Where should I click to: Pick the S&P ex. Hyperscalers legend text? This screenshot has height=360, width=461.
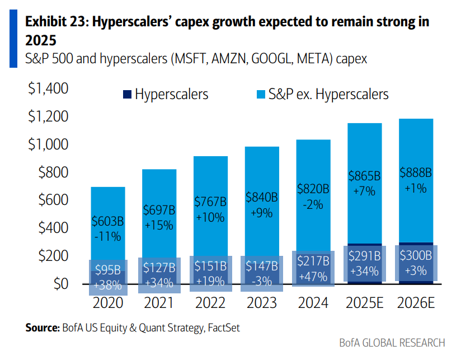[328, 94]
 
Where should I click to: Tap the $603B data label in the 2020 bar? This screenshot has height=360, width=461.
[107, 222]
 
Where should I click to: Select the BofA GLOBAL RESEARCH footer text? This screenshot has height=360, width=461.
[392, 343]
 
